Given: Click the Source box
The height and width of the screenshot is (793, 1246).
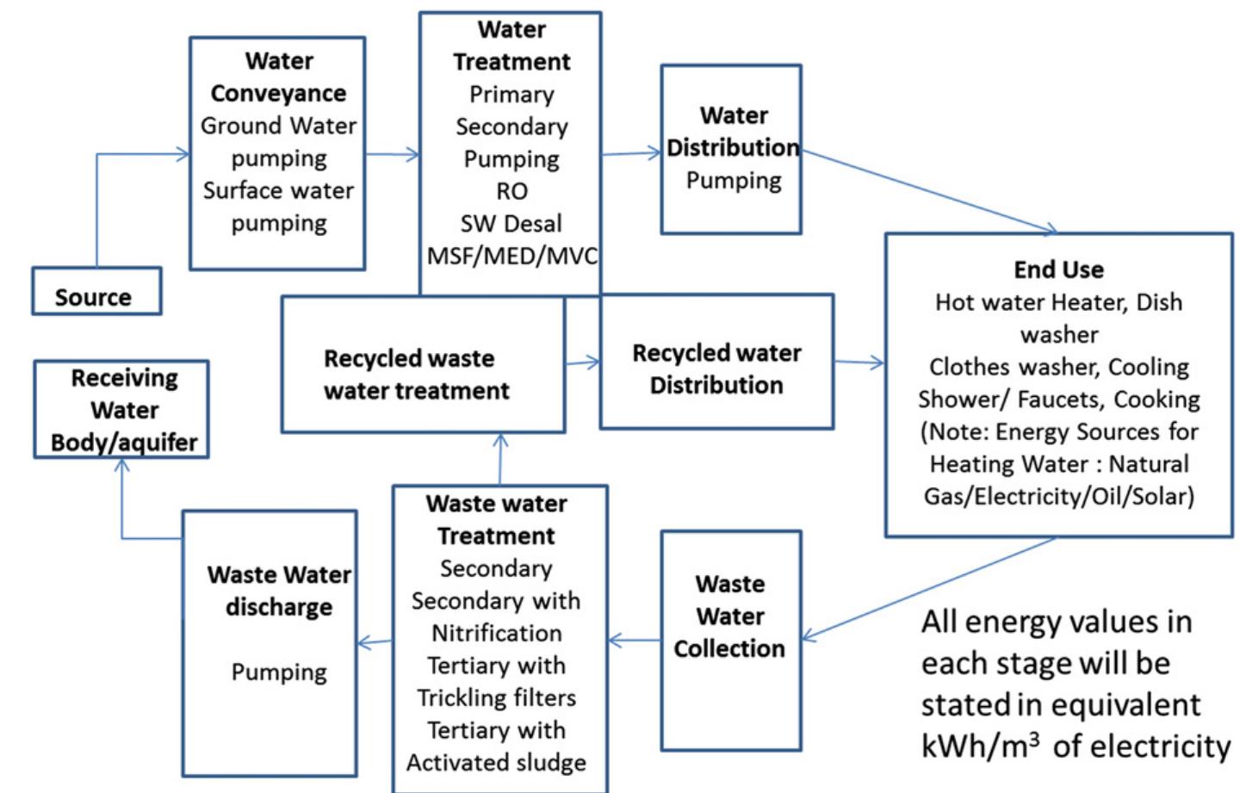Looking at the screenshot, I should pos(96,293).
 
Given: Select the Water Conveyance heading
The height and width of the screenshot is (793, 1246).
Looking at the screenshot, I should pos(278,77).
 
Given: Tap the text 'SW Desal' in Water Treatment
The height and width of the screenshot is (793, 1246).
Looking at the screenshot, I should pos(511,224).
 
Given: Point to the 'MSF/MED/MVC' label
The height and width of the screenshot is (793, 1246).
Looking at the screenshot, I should pos(511,257).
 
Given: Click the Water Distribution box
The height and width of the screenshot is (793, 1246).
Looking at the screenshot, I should pos(731,148).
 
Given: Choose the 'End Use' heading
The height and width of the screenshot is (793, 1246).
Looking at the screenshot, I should pos(1058,269).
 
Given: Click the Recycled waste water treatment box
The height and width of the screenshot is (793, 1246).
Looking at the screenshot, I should pos(423,365).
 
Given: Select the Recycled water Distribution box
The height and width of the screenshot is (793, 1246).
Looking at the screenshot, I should pos(716,362).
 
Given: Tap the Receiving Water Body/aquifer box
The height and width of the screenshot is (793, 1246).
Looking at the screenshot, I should pos(121,410).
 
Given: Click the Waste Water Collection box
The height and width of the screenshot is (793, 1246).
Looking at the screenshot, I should pos(730,639).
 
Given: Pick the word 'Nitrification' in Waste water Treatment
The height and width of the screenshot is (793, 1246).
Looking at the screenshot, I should pos(496,633).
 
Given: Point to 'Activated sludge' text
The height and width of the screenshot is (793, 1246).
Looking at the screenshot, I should pos(496,763).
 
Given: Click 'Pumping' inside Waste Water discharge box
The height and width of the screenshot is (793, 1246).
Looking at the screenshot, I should pos(279,672).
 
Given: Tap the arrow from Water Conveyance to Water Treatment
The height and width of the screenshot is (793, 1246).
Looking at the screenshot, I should pos(392,155).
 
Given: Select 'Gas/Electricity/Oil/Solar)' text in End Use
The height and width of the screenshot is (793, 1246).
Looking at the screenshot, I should pos(1058,497).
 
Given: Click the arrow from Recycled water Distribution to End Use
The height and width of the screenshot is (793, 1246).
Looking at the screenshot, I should pos(859,362).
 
